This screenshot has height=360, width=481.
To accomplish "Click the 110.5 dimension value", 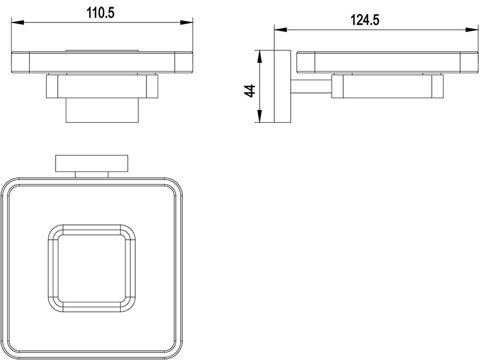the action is point(100,13).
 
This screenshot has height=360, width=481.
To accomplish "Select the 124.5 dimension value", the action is point(364,20).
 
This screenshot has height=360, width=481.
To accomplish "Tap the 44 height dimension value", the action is point(250,91).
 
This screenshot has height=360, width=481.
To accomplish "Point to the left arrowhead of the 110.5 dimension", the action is point(18,22).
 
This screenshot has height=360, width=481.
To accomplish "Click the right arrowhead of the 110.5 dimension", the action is point(187,22).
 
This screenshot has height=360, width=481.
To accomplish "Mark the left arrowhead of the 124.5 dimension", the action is point(280,30).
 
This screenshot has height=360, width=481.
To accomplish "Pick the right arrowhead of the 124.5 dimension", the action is point(472,30).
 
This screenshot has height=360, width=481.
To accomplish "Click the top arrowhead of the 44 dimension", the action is point(260,57).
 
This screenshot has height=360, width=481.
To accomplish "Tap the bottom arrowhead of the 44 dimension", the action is point(260,116).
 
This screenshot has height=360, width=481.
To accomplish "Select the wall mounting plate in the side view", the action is point(282,87).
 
